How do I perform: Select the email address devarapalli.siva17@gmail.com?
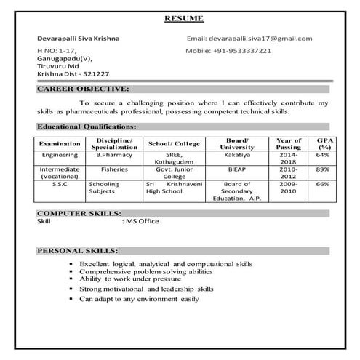click(x=260, y=39)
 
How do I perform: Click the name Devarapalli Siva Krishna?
click(x=79, y=39)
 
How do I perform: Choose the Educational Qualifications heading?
click(x=86, y=126)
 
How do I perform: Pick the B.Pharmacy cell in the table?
click(x=112, y=155)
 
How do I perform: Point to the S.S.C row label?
click(x=60, y=185)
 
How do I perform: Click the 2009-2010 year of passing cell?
click(x=289, y=189)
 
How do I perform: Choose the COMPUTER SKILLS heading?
click(x=79, y=213)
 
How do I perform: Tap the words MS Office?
click(x=143, y=220)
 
